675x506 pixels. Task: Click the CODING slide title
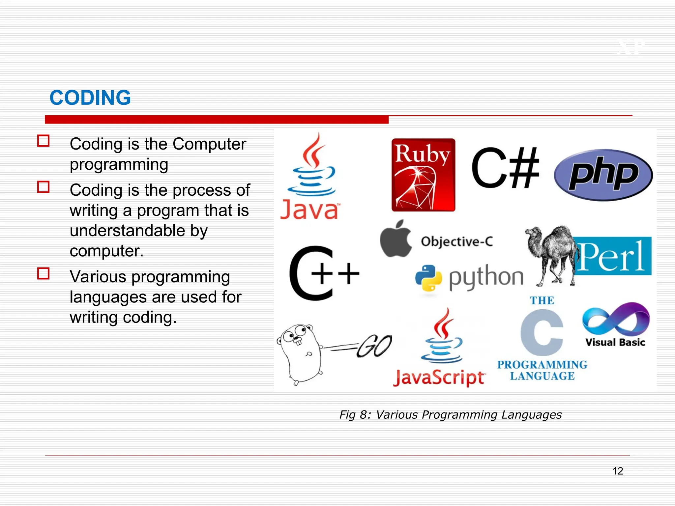pyautogui.click(x=90, y=98)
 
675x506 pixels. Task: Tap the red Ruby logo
pyautogui.click(x=423, y=175)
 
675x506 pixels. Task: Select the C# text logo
pyautogui.click(x=505, y=168)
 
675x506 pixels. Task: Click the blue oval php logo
pyautogui.click(x=603, y=175)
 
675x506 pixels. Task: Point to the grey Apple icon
pyautogui.click(x=396, y=239)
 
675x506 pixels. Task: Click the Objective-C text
pyautogui.click(x=457, y=241)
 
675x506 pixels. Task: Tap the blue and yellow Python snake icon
pyautogui.click(x=428, y=278)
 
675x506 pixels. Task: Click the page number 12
pyautogui.click(x=618, y=471)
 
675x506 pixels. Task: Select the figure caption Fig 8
pyautogui.click(x=450, y=414)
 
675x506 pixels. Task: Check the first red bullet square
pyautogui.click(x=43, y=141)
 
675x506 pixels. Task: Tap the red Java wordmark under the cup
pyautogui.click(x=309, y=210)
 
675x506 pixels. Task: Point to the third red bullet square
pyautogui.click(x=43, y=273)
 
